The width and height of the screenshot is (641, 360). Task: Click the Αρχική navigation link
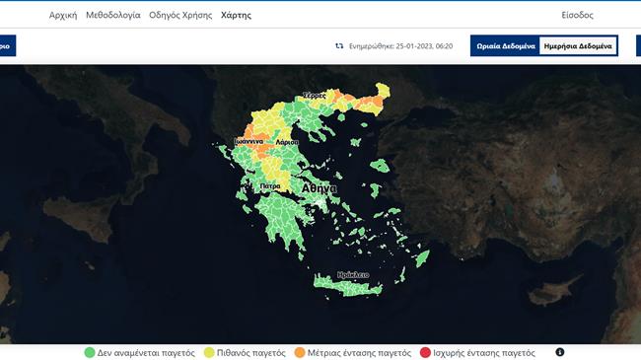(63, 16)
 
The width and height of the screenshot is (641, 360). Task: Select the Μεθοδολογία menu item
(112, 16)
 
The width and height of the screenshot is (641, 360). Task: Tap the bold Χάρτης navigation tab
(236, 16)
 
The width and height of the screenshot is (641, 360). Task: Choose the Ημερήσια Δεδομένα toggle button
(578, 46)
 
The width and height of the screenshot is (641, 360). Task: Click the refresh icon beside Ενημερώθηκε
(339, 46)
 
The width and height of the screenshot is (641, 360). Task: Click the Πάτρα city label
(271, 185)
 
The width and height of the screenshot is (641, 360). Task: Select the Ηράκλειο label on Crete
(353, 274)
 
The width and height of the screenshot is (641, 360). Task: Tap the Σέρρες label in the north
(314, 94)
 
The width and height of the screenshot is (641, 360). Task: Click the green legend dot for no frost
(89, 352)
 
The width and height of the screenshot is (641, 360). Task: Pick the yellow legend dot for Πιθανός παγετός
(209, 352)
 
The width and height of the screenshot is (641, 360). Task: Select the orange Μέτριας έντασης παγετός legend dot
(299, 352)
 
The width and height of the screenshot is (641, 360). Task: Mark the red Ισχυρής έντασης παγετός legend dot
(425, 352)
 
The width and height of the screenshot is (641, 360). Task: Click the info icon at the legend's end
(559, 352)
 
